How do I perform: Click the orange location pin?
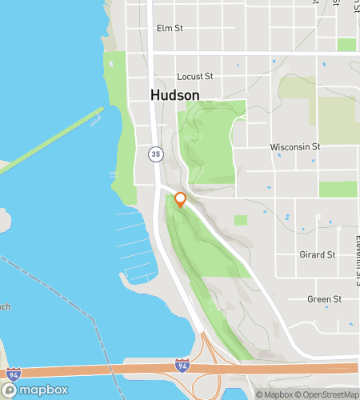point(180,200)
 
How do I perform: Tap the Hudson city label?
point(174,94)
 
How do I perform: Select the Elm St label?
point(170,28)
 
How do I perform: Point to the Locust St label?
point(195,77)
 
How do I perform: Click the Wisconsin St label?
point(295,147)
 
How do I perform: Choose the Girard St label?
point(319,255)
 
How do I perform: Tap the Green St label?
point(325,299)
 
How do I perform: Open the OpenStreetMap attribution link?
point(328,394)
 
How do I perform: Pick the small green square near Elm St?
point(346,45)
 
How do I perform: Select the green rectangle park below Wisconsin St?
point(338,189)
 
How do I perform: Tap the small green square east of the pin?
point(241,220)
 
